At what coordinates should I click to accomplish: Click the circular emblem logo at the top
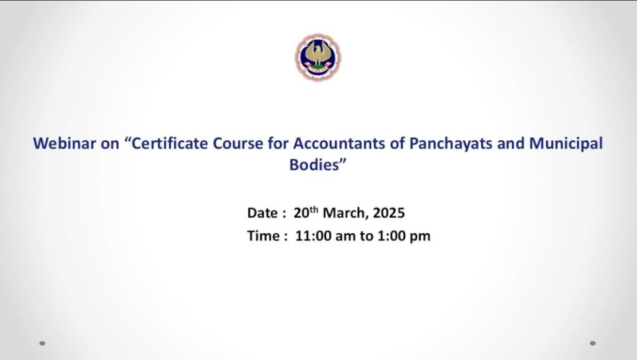(318, 57)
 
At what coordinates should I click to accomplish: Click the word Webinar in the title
(64, 144)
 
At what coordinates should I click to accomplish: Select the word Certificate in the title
(170, 144)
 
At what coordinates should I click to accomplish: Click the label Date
(262, 212)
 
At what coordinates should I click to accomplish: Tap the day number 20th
(306, 212)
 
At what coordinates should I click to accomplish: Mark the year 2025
(389, 212)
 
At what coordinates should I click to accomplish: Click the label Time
(263, 236)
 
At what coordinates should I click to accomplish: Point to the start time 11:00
(313, 236)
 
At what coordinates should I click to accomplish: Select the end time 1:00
(390, 236)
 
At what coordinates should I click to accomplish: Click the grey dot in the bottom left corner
(42, 343)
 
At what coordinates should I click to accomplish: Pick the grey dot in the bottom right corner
(593, 343)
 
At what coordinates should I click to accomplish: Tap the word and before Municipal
(510, 144)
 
